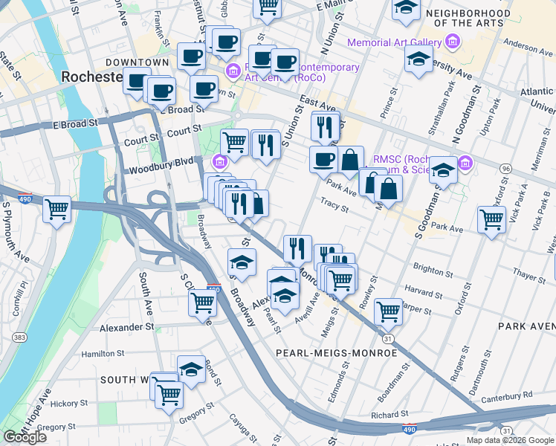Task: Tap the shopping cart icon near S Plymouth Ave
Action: [56, 210]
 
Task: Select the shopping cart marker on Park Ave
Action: [491, 220]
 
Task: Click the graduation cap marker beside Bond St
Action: [191, 369]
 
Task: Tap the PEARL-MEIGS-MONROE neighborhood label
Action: [336, 352]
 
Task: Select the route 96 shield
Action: [506, 169]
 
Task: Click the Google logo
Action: [25, 437]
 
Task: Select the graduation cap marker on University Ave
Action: [419, 59]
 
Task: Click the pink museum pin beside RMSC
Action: [466, 161]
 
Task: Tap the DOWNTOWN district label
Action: [137, 62]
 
